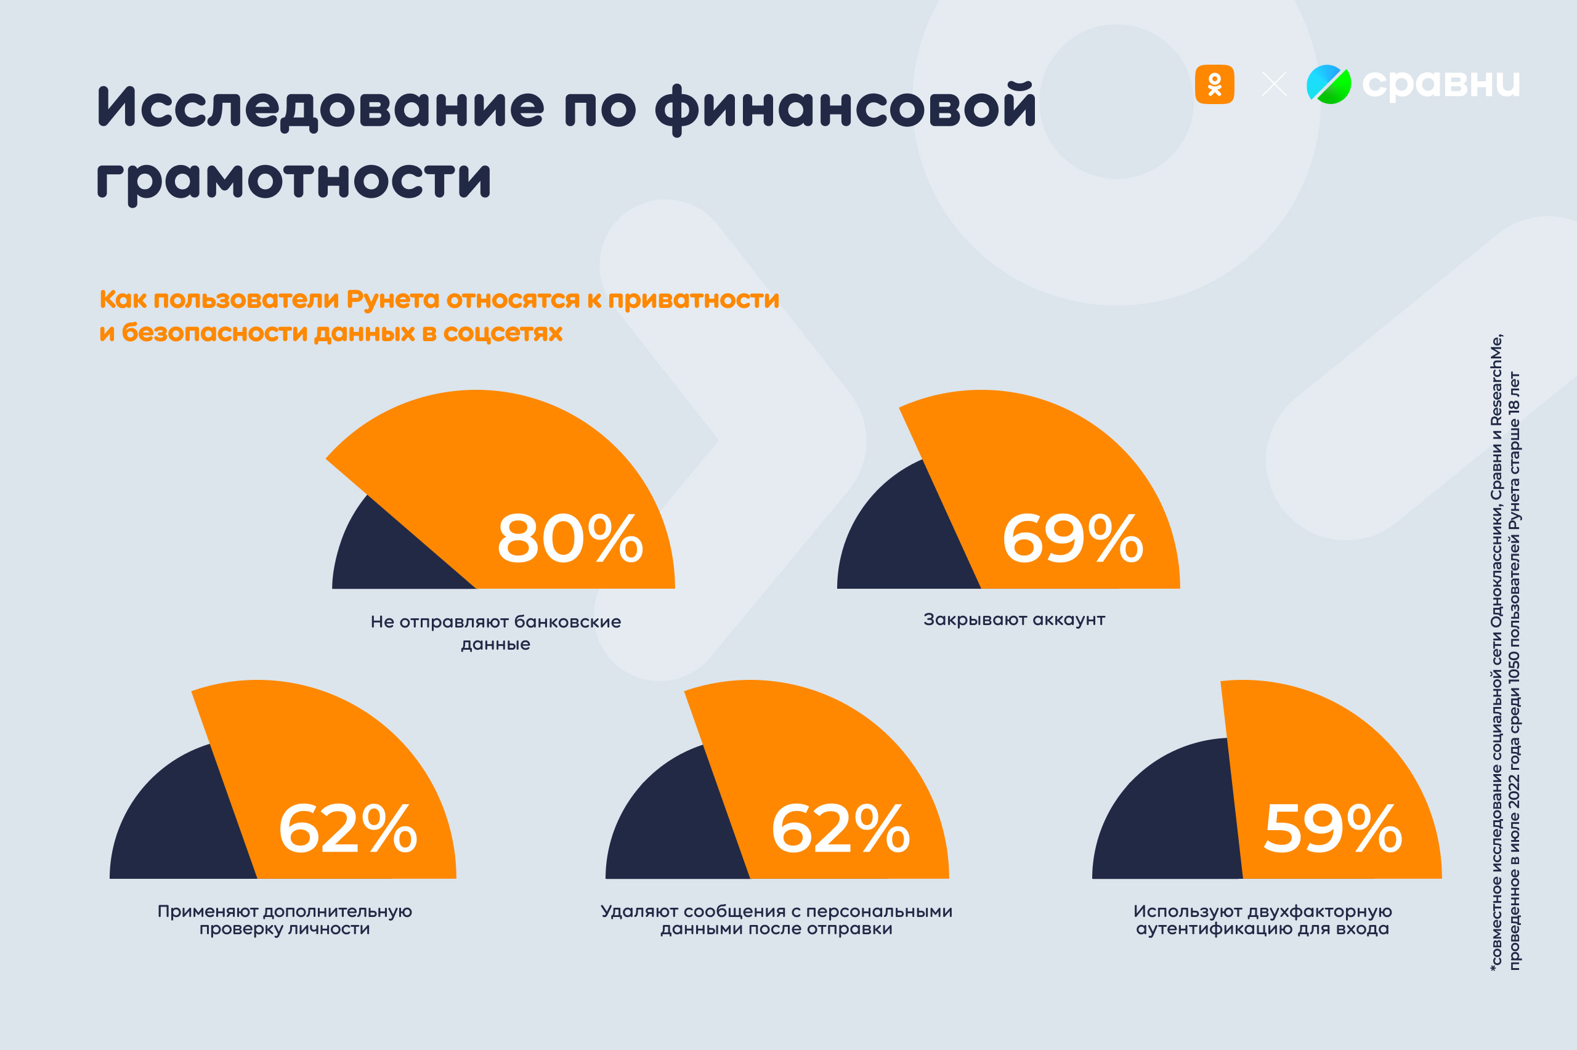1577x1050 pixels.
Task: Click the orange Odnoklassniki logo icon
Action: [1214, 84]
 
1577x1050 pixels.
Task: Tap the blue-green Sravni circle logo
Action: [1329, 84]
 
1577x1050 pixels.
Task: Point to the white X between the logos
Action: [1274, 84]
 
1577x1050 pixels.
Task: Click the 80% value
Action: [570, 538]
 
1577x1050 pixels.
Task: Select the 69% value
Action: [1072, 538]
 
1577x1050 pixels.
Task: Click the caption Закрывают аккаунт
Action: [1014, 620]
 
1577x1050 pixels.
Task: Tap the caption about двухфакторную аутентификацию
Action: [1262, 920]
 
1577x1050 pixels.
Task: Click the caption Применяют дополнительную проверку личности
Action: [285, 920]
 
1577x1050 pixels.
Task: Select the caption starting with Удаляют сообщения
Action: [776, 920]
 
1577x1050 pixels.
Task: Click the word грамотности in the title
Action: [294, 179]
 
